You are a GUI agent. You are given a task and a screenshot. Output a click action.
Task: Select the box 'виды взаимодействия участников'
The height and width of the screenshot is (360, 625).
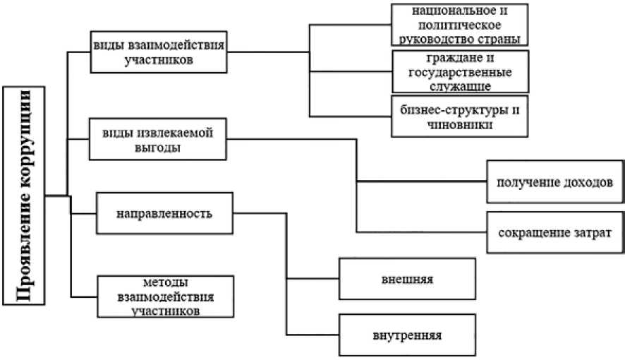coord(159,51)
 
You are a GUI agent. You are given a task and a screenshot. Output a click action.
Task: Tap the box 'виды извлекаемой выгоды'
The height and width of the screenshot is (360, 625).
coord(159,139)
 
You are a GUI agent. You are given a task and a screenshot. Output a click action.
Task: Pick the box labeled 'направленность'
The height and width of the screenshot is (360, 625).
coord(165,212)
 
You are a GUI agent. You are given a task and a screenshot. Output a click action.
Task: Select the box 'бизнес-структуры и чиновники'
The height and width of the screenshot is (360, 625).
coord(460,116)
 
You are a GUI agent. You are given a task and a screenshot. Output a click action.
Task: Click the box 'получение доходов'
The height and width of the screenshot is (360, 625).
coord(554,181)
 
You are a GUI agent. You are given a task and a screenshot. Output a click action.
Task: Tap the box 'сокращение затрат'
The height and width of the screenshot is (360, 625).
coord(554,232)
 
